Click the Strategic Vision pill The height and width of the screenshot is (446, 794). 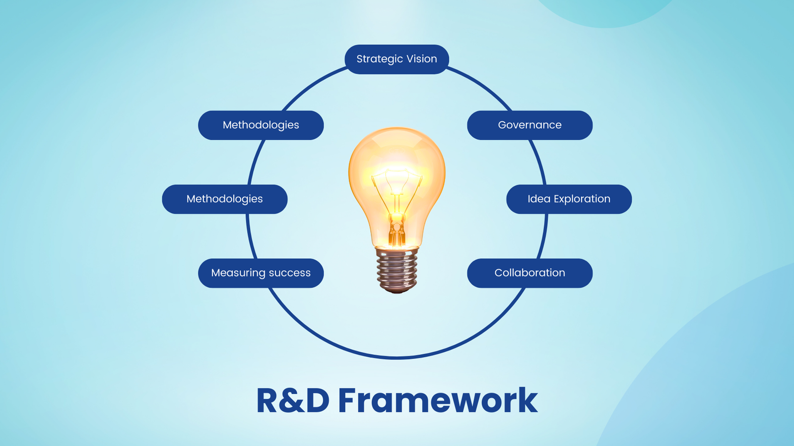(x=397, y=59)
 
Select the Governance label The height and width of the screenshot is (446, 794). (x=529, y=125)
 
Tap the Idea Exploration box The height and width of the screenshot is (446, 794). (x=569, y=199)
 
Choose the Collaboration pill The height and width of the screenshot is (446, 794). (x=529, y=273)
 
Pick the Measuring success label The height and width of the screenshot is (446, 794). (x=261, y=273)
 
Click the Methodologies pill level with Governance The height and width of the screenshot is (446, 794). (x=261, y=125)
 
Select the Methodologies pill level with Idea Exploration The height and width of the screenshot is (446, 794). (x=224, y=199)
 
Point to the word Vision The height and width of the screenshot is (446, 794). (x=421, y=59)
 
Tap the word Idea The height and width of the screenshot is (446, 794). (x=538, y=199)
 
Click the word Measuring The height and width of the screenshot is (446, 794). (x=238, y=273)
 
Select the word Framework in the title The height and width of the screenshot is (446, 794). (x=438, y=400)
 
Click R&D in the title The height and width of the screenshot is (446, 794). (x=293, y=400)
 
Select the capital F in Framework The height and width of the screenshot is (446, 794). (x=349, y=400)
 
